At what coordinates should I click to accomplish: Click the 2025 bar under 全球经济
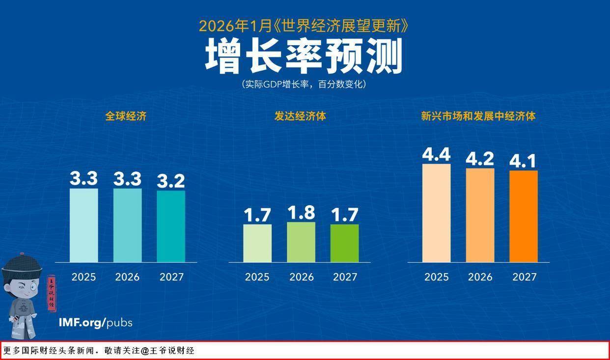(x=83, y=225)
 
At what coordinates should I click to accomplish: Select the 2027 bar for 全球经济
(x=171, y=226)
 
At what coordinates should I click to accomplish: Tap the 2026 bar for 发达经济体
(x=301, y=242)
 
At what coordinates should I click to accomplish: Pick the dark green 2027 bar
(x=345, y=243)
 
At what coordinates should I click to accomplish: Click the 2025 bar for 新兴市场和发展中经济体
(x=436, y=213)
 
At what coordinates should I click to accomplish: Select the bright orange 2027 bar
(x=524, y=217)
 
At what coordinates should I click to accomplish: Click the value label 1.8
(x=301, y=213)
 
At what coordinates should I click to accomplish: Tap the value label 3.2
(x=171, y=181)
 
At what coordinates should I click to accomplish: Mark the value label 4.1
(x=524, y=161)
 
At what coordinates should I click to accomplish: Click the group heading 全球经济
(x=126, y=116)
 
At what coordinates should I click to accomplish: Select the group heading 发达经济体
(x=300, y=116)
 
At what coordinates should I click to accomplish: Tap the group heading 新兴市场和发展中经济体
(x=478, y=116)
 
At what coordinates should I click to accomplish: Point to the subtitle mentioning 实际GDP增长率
(x=304, y=84)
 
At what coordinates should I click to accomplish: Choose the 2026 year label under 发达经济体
(x=301, y=277)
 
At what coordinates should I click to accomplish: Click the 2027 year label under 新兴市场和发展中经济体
(x=524, y=277)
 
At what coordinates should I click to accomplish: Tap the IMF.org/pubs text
(x=95, y=323)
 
